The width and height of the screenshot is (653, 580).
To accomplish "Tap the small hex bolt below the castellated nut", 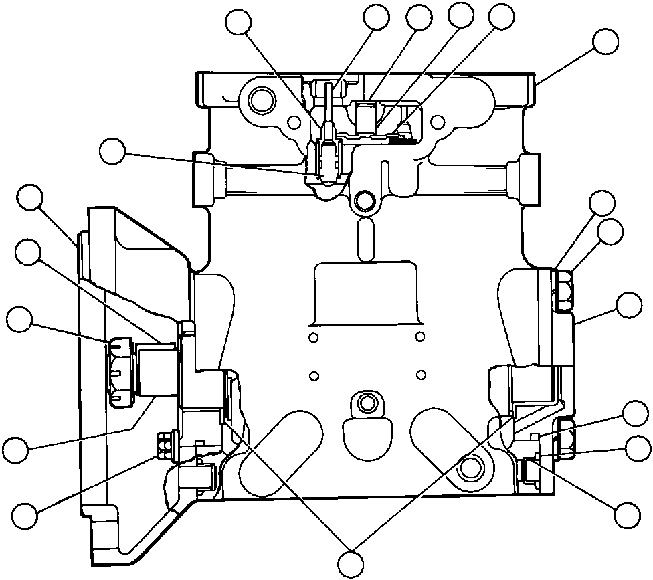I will click(x=163, y=444).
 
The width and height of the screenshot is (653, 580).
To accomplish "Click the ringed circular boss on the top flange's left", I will click(x=260, y=101).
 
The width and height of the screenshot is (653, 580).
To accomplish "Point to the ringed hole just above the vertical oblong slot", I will click(x=365, y=199).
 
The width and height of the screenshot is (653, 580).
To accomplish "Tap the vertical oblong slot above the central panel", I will click(x=365, y=237).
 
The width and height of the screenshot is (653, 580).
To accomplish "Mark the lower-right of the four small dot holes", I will click(x=420, y=373).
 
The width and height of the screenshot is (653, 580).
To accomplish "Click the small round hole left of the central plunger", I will click(x=292, y=121).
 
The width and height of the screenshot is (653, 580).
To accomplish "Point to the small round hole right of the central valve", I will click(x=438, y=121).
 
